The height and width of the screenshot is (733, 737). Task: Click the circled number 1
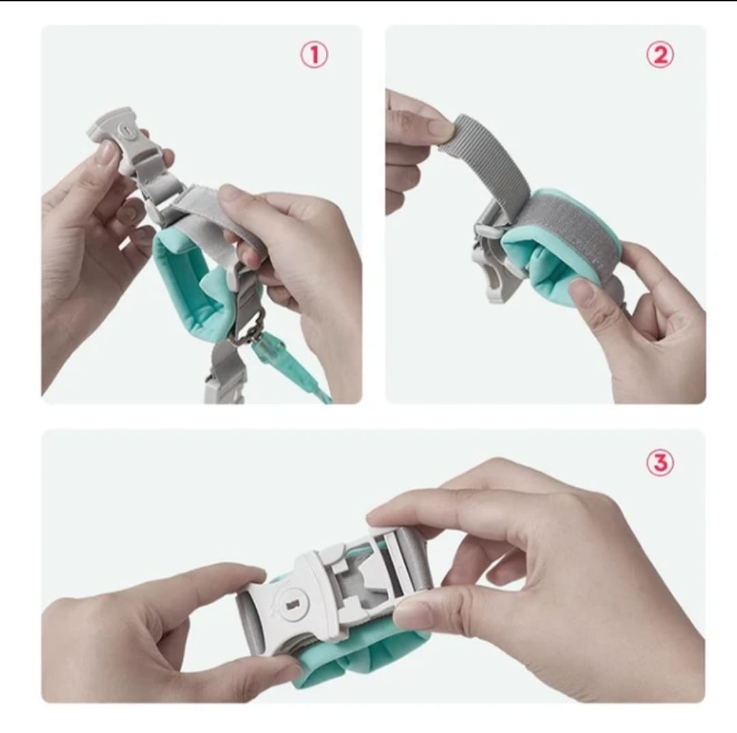pos(314,55)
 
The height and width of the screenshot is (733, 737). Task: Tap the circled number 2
pos(659,55)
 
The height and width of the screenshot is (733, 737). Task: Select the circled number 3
pos(659,463)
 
